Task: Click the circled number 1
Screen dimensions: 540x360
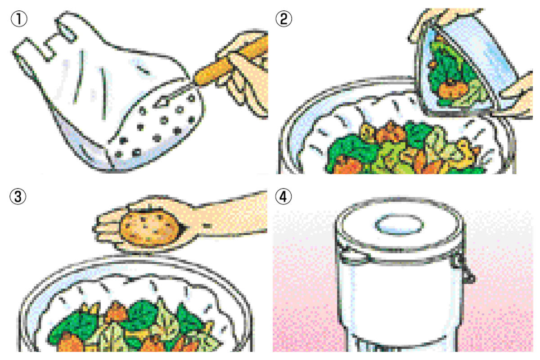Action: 19,19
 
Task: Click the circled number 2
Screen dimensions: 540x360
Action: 284,18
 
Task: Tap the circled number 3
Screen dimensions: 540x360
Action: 18,196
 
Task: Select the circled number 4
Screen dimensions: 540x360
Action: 283,197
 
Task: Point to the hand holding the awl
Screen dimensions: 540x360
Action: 243,72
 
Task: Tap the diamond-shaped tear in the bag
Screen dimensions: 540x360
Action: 163,102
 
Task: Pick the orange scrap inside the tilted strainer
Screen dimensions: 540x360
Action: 451,90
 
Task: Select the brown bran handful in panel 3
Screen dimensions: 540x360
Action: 151,227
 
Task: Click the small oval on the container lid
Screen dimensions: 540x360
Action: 399,224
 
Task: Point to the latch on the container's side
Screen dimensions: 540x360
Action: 462,268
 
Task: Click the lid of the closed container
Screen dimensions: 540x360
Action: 400,231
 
